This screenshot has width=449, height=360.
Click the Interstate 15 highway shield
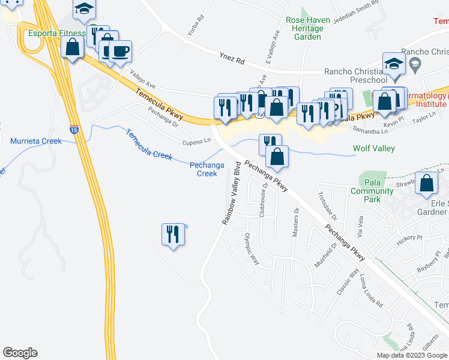[73, 129]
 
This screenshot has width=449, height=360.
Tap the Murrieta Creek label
[36, 142]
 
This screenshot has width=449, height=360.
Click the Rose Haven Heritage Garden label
[308, 28]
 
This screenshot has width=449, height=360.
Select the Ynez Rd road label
[232, 60]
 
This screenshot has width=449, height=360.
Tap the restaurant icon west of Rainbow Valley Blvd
[173, 234]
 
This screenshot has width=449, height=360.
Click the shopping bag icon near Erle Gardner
[427, 184]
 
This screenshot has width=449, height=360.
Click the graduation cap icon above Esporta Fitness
[85, 8]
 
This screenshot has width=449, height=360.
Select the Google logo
[20, 353]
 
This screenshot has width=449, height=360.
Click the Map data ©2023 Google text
[412, 355]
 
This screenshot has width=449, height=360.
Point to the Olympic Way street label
[251, 251]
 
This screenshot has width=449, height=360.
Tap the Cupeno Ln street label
[197, 142]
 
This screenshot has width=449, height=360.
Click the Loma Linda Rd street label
[371, 292]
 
